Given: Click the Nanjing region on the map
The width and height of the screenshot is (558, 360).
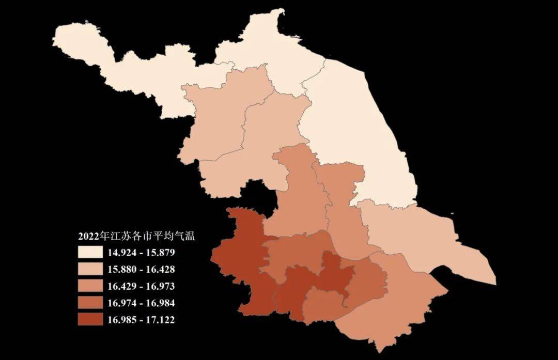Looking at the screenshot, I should pos(243,258).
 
